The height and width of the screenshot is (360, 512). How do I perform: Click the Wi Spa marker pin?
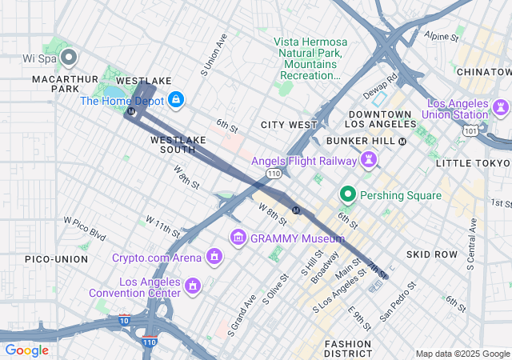click(69, 56)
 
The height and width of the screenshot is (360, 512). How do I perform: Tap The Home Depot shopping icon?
click(177, 100)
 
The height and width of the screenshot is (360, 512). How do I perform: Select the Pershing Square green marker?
click(348, 194)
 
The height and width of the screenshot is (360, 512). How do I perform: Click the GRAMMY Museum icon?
click(238, 238)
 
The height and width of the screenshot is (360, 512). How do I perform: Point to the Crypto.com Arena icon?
click(214, 257)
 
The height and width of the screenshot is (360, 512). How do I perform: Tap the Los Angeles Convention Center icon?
click(192, 286)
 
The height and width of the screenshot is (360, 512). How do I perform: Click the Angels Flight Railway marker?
click(369, 160)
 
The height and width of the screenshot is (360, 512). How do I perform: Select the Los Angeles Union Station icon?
click(502, 106)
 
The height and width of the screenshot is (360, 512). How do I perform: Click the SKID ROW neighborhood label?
click(431, 254)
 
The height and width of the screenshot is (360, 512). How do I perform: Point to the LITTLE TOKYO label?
click(473, 163)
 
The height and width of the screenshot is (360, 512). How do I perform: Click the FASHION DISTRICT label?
click(348, 348)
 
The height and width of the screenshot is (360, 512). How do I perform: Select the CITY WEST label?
click(289, 125)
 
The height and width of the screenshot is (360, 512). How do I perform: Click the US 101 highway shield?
click(474, 130)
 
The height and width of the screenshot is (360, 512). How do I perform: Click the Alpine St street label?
click(442, 37)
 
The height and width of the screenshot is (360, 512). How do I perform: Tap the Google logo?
click(26, 350)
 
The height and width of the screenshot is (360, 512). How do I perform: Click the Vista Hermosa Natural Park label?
click(310, 58)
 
